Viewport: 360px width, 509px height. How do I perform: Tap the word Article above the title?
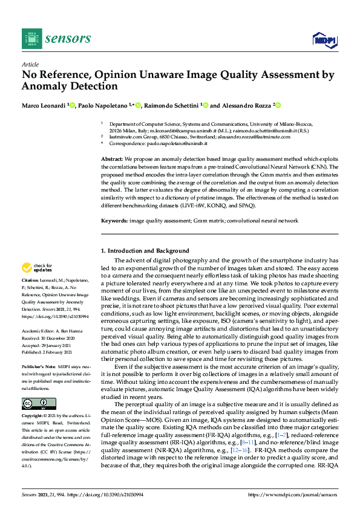pos(30,64)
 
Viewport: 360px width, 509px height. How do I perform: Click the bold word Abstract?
pos(111,158)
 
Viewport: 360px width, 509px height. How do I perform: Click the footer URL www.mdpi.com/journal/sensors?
pos(301,494)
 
